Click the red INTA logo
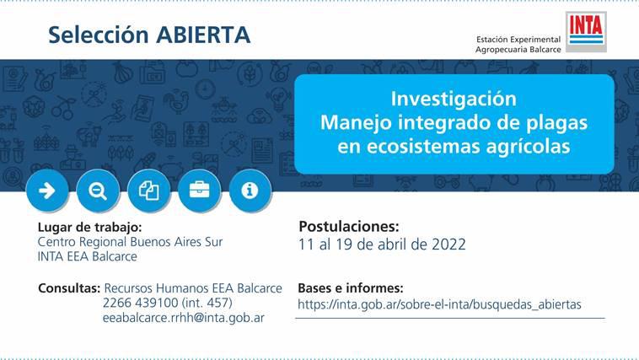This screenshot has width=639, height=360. (x=586, y=31)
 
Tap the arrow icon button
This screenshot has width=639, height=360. (x=47, y=191)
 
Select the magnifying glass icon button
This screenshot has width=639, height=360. (x=98, y=191)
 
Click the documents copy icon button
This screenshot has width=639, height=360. (x=148, y=191)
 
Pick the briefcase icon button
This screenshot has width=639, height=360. (x=199, y=191)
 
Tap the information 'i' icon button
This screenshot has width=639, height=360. (x=250, y=191)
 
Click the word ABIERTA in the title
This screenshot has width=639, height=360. (x=203, y=35)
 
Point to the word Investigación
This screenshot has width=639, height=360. (x=454, y=99)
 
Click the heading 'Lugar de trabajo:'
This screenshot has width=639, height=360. (x=89, y=227)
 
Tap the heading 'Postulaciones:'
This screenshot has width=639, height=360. (x=349, y=226)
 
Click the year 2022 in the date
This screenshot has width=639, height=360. (x=448, y=244)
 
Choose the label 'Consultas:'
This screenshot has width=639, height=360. (x=69, y=288)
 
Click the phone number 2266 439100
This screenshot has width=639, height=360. (x=140, y=303)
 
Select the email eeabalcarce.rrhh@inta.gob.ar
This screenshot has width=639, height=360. (x=184, y=318)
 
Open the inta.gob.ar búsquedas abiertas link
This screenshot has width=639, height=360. (x=439, y=304)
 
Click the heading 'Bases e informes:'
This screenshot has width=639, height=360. (x=351, y=288)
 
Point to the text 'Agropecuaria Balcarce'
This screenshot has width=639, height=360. (x=518, y=50)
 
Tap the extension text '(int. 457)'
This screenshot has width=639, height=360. (x=207, y=303)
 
